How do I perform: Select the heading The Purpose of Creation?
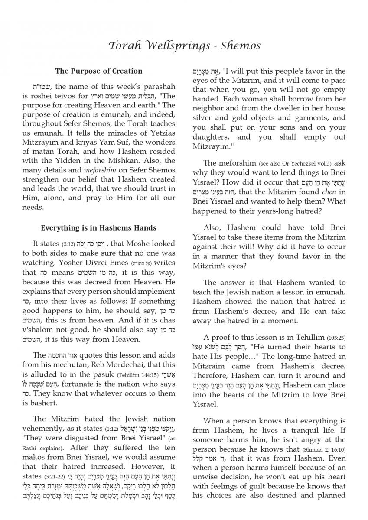click(99, 71)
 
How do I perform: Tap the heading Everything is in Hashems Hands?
click(99, 228)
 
